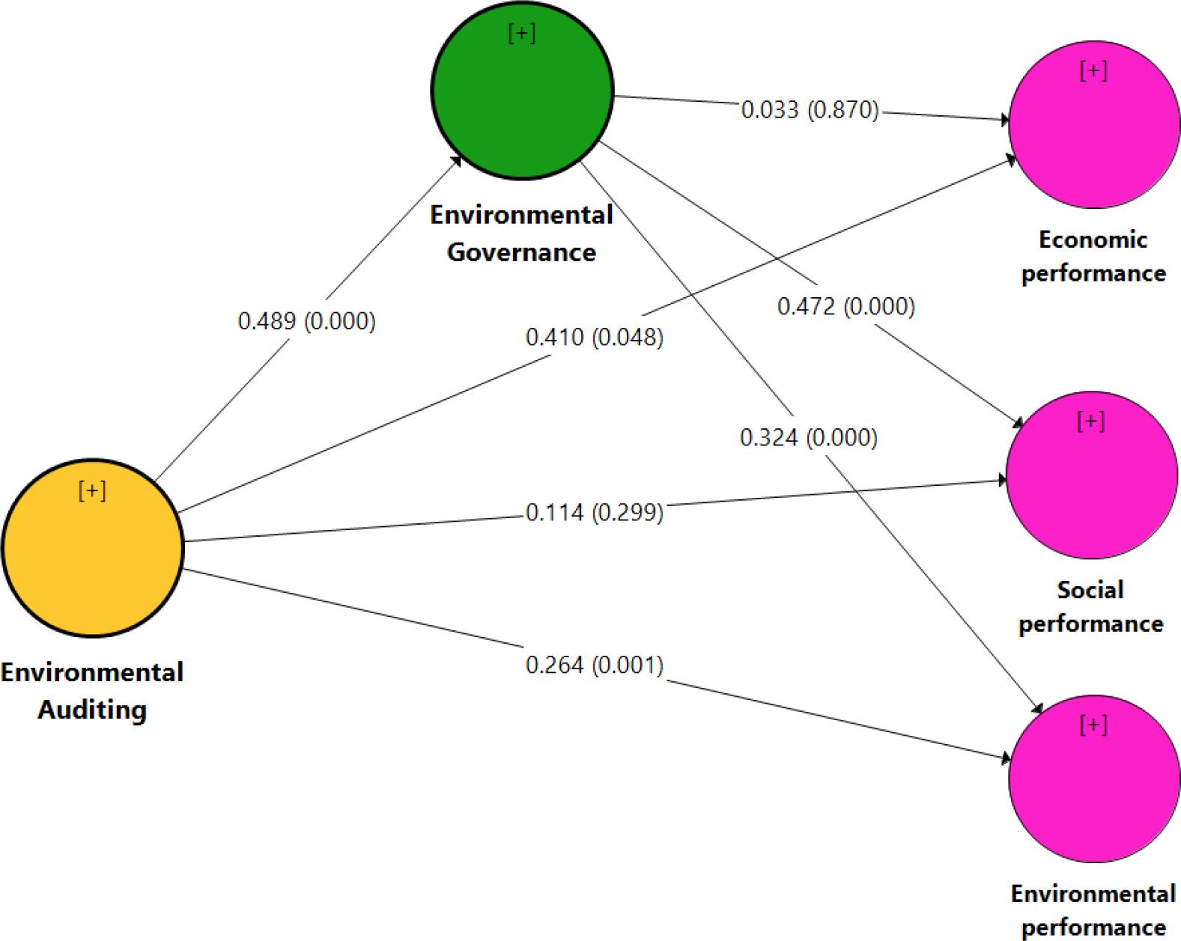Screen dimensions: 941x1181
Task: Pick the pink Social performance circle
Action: [x=1091, y=476]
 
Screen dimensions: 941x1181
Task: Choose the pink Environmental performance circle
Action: [x=1094, y=779]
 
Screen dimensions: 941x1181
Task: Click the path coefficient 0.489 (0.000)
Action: [x=306, y=321]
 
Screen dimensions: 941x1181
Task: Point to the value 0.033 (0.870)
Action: [x=810, y=110]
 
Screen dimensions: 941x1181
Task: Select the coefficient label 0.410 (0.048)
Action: [x=594, y=338]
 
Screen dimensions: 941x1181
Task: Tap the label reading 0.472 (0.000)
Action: [x=845, y=306]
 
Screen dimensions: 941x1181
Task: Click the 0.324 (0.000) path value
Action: [x=808, y=437]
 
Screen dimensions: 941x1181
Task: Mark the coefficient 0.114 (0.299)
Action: [x=594, y=513]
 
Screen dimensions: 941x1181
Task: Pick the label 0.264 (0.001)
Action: [x=594, y=665]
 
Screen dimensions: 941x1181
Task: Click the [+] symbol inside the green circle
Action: [x=521, y=34]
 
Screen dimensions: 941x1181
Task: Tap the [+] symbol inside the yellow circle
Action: [x=92, y=490]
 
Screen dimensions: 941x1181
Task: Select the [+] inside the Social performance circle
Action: [x=1090, y=421]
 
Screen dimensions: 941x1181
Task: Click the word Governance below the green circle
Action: [x=521, y=252]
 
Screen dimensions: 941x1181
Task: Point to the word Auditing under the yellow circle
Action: [x=92, y=709]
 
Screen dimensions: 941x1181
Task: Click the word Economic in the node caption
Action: [x=1093, y=240]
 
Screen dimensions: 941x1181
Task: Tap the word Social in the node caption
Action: [x=1090, y=590]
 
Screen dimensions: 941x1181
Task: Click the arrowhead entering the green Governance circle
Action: [x=456, y=159]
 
